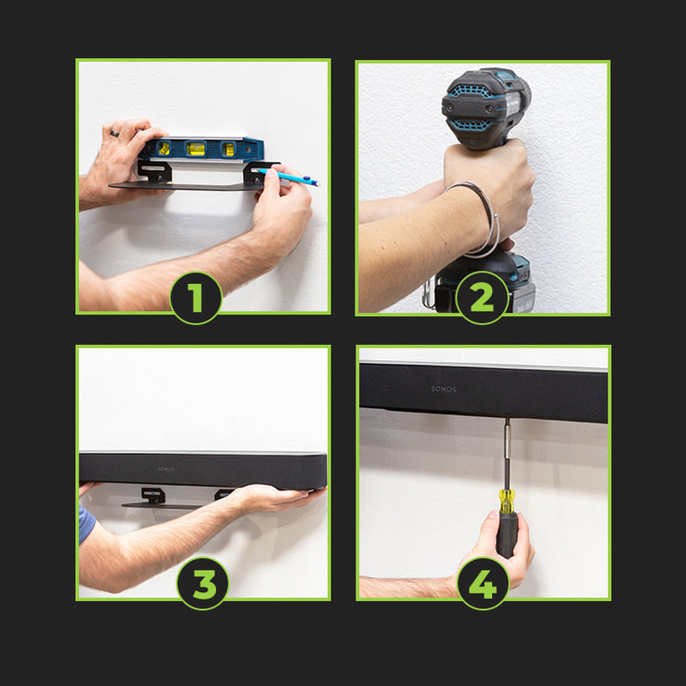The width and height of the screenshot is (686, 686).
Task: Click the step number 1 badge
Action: (x=196, y=298)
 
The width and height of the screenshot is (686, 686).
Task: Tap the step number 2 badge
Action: (x=481, y=298)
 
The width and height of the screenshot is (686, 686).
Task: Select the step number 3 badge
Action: (x=203, y=583)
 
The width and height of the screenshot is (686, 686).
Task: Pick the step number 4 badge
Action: (x=482, y=583)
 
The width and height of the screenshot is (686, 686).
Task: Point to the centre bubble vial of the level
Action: (x=195, y=149)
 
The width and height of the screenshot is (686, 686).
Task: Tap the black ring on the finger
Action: (x=114, y=133)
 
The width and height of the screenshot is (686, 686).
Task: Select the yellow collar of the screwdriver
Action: (x=506, y=501)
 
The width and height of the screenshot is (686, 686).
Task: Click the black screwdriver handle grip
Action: (x=506, y=535)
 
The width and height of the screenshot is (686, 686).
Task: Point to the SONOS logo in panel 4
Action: (x=443, y=389)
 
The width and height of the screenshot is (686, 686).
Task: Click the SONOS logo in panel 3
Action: (x=166, y=469)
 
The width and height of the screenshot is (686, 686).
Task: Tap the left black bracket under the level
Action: (x=154, y=171)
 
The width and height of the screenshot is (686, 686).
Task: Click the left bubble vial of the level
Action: (x=164, y=148)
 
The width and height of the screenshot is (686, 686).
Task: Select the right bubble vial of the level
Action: (x=228, y=150)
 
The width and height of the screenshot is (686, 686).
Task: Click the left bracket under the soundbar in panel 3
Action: (x=153, y=495)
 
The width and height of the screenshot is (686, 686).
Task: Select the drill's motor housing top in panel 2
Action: (x=486, y=107)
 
